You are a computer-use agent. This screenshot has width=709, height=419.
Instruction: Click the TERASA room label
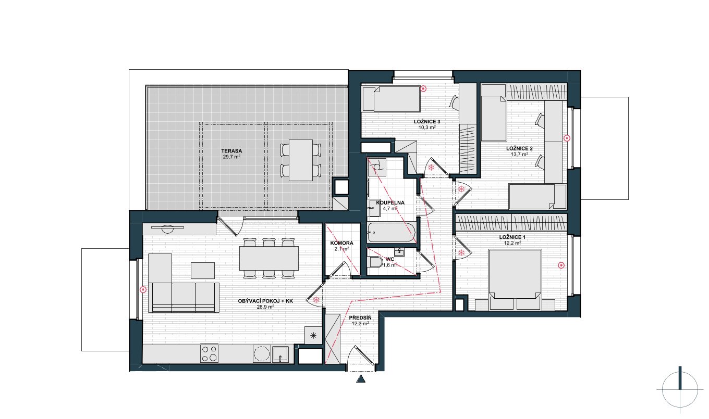point(231,151)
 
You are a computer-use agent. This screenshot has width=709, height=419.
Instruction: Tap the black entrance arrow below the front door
point(361,378)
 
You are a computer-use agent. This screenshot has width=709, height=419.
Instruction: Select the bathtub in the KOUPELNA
point(391,232)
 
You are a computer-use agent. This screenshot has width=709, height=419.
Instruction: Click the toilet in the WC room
point(376,262)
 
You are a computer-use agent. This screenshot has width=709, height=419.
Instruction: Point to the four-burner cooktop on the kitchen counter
point(209,353)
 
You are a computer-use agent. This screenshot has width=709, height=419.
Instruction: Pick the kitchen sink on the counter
point(281,354)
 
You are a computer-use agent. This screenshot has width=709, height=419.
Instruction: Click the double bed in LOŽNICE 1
point(515,280)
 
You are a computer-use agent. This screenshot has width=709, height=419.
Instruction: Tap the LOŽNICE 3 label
point(427,122)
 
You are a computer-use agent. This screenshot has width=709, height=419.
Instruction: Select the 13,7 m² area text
point(519,155)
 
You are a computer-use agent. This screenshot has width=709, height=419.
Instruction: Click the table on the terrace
point(301,160)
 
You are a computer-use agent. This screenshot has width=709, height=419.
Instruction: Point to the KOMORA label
point(341,243)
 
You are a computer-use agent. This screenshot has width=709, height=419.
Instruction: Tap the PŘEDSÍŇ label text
point(360,318)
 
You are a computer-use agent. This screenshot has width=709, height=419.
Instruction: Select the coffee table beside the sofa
point(203,271)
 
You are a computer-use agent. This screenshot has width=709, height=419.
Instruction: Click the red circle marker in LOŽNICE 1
point(561,265)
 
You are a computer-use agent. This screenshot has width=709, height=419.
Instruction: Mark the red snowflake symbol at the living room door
point(316,300)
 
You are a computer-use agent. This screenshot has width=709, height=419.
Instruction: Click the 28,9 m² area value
point(265,307)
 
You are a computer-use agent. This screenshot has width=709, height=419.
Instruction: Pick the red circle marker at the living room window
point(143,289)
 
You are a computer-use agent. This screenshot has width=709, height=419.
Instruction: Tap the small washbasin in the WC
point(399,252)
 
